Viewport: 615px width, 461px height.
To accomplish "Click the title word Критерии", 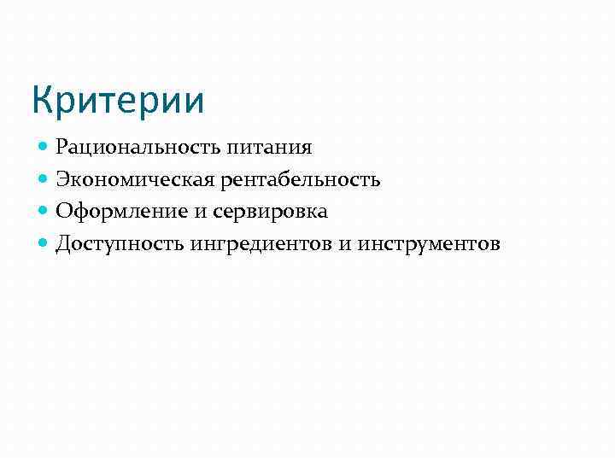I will point(118,100).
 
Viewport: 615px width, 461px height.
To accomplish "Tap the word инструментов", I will point(429,244).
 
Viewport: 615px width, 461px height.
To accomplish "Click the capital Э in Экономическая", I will point(62,180).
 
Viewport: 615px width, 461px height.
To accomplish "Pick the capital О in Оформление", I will point(63,212).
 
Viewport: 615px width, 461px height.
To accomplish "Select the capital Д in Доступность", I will point(63,244).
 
